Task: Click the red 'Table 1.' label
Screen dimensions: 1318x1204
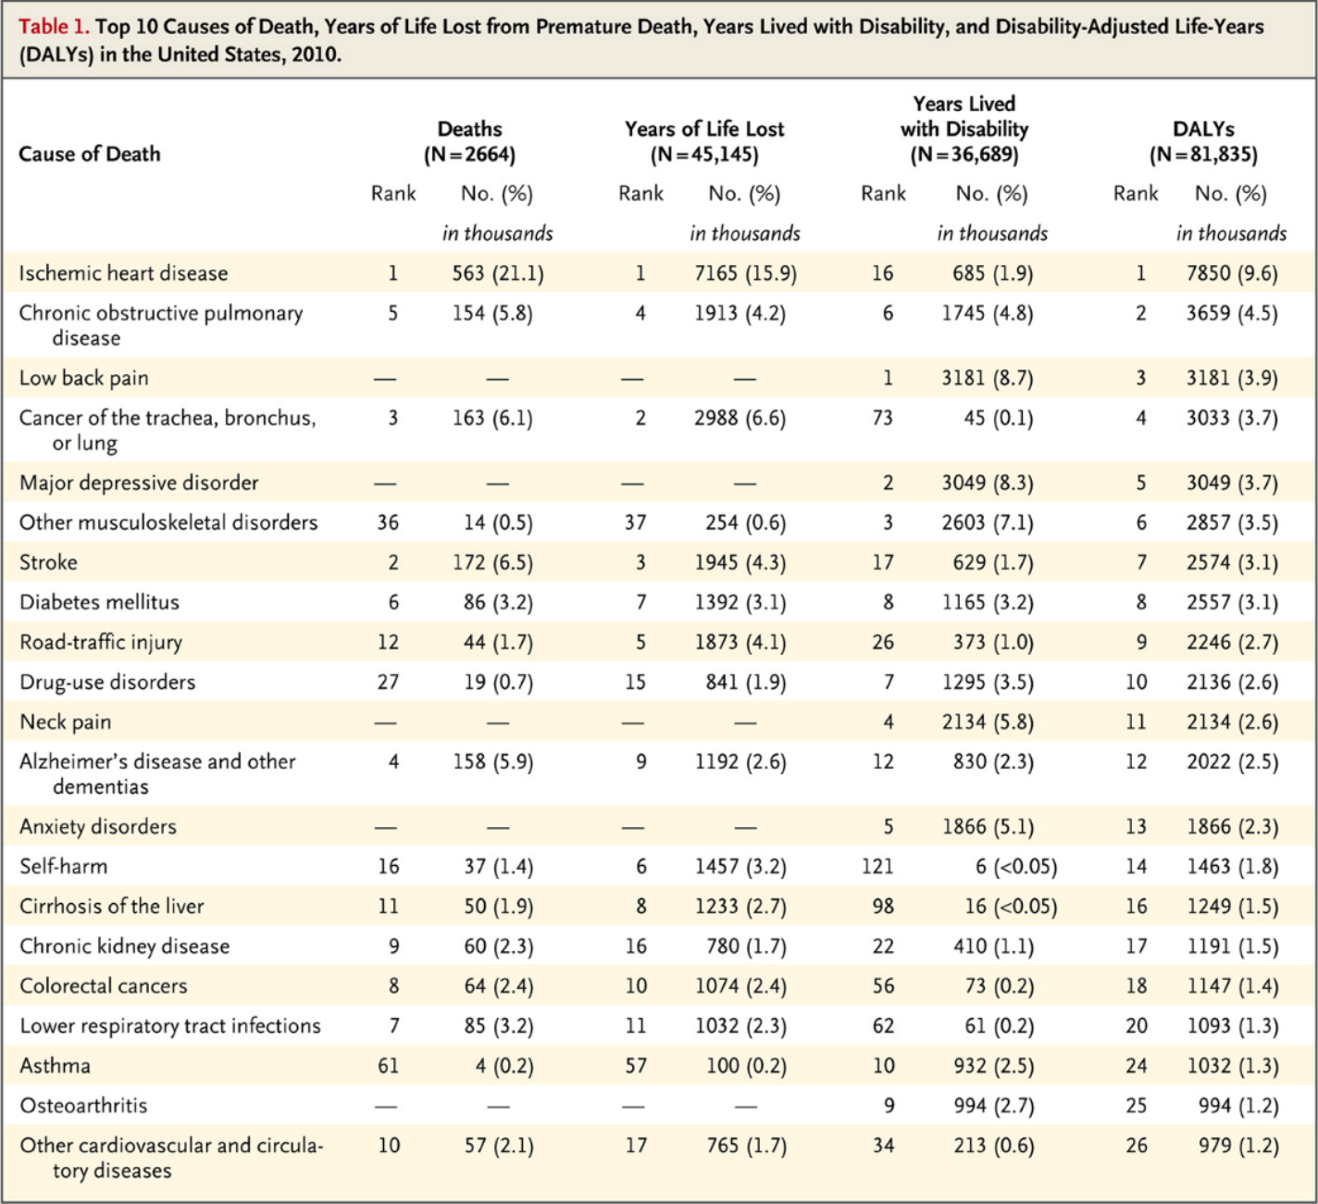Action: point(53,26)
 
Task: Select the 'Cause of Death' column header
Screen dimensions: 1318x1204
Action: point(90,154)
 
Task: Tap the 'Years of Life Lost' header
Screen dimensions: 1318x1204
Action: point(704,129)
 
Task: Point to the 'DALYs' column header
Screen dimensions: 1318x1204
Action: point(1203,129)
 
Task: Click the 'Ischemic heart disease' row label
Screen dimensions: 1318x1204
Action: point(123,273)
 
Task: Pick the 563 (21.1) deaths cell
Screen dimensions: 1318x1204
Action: point(497,273)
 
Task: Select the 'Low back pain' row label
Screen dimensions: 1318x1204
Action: point(84,378)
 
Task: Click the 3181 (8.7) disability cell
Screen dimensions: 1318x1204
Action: point(988,378)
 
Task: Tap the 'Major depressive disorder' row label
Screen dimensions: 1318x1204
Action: point(139,483)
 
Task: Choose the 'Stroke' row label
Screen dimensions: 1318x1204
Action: point(49,562)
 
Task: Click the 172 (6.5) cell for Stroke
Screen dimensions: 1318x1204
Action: point(492,562)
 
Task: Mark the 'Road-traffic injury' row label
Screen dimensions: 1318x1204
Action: point(101,642)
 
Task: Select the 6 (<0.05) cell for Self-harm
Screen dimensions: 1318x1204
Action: point(1016,866)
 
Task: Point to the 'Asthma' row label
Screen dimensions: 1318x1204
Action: point(56,1065)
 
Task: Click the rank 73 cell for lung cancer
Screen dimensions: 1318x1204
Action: point(882,418)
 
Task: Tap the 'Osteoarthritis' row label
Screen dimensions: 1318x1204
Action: point(83,1106)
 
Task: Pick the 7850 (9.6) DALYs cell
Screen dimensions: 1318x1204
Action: point(1232,273)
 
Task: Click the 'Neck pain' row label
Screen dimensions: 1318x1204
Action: point(66,722)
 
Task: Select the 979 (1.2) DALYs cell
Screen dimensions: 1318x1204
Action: point(1238,1146)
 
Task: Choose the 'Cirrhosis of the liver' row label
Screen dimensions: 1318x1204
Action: point(112,906)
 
